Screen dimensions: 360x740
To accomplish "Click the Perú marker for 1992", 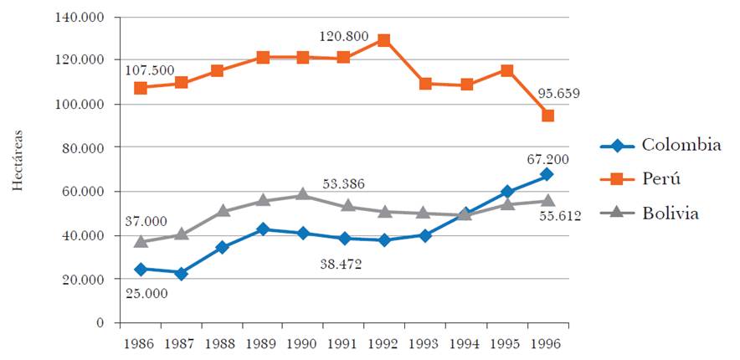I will (384, 40).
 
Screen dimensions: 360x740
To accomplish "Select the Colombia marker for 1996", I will (547, 174).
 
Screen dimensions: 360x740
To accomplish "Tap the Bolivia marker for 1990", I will (303, 195).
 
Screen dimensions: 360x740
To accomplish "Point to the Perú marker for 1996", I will (547, 116).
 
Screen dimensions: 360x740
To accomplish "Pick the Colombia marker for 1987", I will (181, 273).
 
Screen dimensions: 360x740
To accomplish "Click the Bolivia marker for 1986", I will (141, 241).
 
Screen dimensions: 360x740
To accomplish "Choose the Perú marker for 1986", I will (141, 88).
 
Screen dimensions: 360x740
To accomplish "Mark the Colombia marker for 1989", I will (263, 229).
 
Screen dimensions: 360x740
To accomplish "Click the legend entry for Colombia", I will (660, 145).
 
